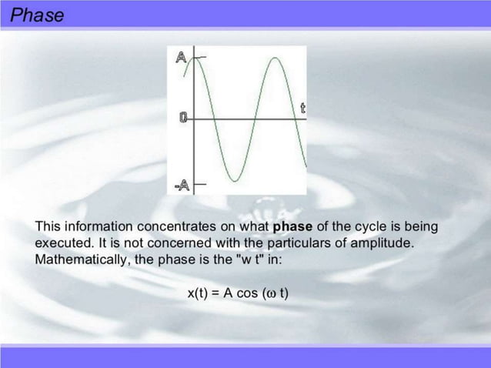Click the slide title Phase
[x=37, y=15]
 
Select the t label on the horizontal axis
[x=302, y=109]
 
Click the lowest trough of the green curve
[x=232, y=180]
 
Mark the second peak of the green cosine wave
[x=271, y=59]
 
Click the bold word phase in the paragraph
[x=292, y=226]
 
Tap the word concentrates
[x=174, y=226]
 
